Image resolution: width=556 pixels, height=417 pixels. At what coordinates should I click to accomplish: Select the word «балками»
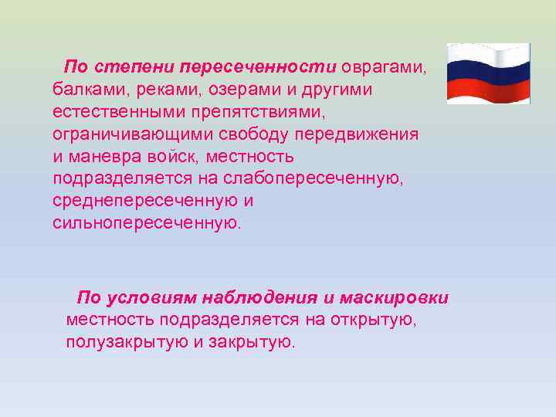coord(83,90)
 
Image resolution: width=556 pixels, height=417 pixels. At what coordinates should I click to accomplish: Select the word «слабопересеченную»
coord(313,179)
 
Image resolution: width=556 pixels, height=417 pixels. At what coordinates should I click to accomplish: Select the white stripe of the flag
coord(488,56)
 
